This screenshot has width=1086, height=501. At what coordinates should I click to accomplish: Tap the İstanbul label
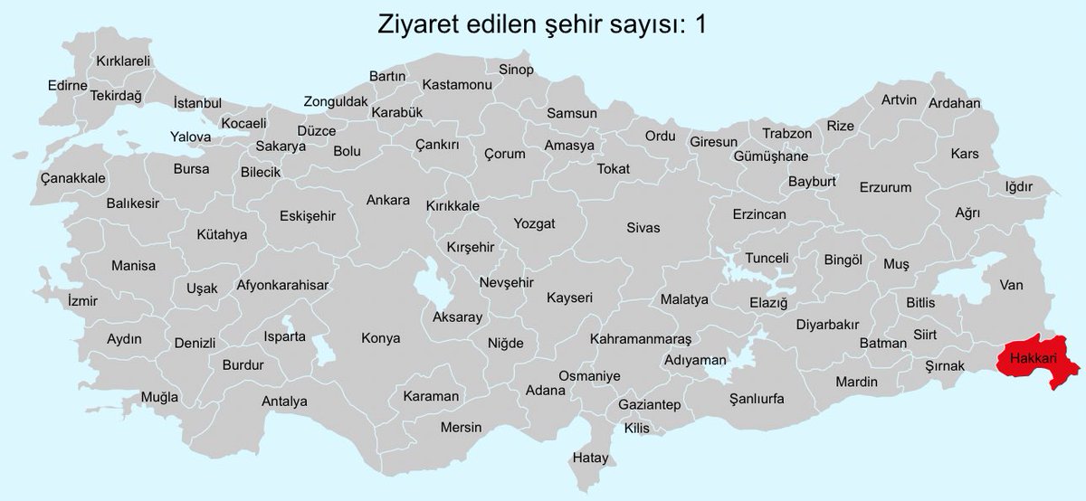[196, 103]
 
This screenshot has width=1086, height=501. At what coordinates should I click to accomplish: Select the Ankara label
[387, 200]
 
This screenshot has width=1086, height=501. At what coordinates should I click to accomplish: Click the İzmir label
[81, 298]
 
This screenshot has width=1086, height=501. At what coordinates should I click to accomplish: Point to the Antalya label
[284, 401]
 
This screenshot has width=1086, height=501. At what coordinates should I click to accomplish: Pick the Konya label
[380, 338]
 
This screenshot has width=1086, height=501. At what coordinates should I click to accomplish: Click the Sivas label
[643, 228]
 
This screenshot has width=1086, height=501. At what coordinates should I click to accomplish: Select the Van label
[1011, 285]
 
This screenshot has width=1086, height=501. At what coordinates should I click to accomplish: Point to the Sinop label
[516, 70]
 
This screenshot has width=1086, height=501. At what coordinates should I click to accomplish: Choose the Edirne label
[67, 86]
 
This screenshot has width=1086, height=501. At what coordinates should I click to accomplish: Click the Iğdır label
[1018, 186]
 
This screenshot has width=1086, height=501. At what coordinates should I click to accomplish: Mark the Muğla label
[159, 397]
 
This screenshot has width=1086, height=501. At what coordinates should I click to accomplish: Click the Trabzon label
[786, 133]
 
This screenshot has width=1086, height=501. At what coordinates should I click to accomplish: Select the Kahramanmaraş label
[640, 338]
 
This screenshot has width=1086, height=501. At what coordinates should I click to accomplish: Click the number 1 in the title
[700, 24]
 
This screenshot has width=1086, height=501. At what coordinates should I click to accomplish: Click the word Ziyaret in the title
[414, 24]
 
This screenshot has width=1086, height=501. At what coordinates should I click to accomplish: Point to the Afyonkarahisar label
[281, 285]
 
